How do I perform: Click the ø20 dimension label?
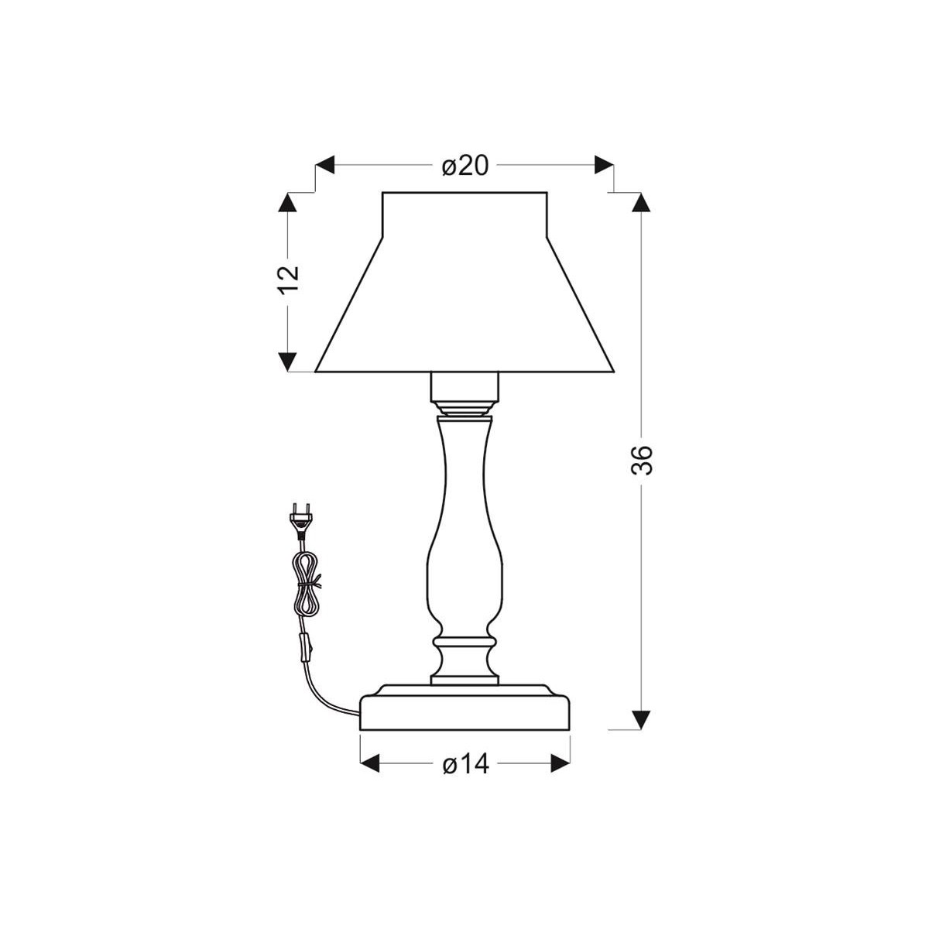click(465, 165)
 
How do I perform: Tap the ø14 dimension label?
click(465, 764)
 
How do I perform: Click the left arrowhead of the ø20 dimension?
click(324, 165)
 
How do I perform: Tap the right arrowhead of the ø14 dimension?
click(559, 764)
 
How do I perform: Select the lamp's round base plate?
click(465, 708)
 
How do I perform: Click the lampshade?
click(464, 294)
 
